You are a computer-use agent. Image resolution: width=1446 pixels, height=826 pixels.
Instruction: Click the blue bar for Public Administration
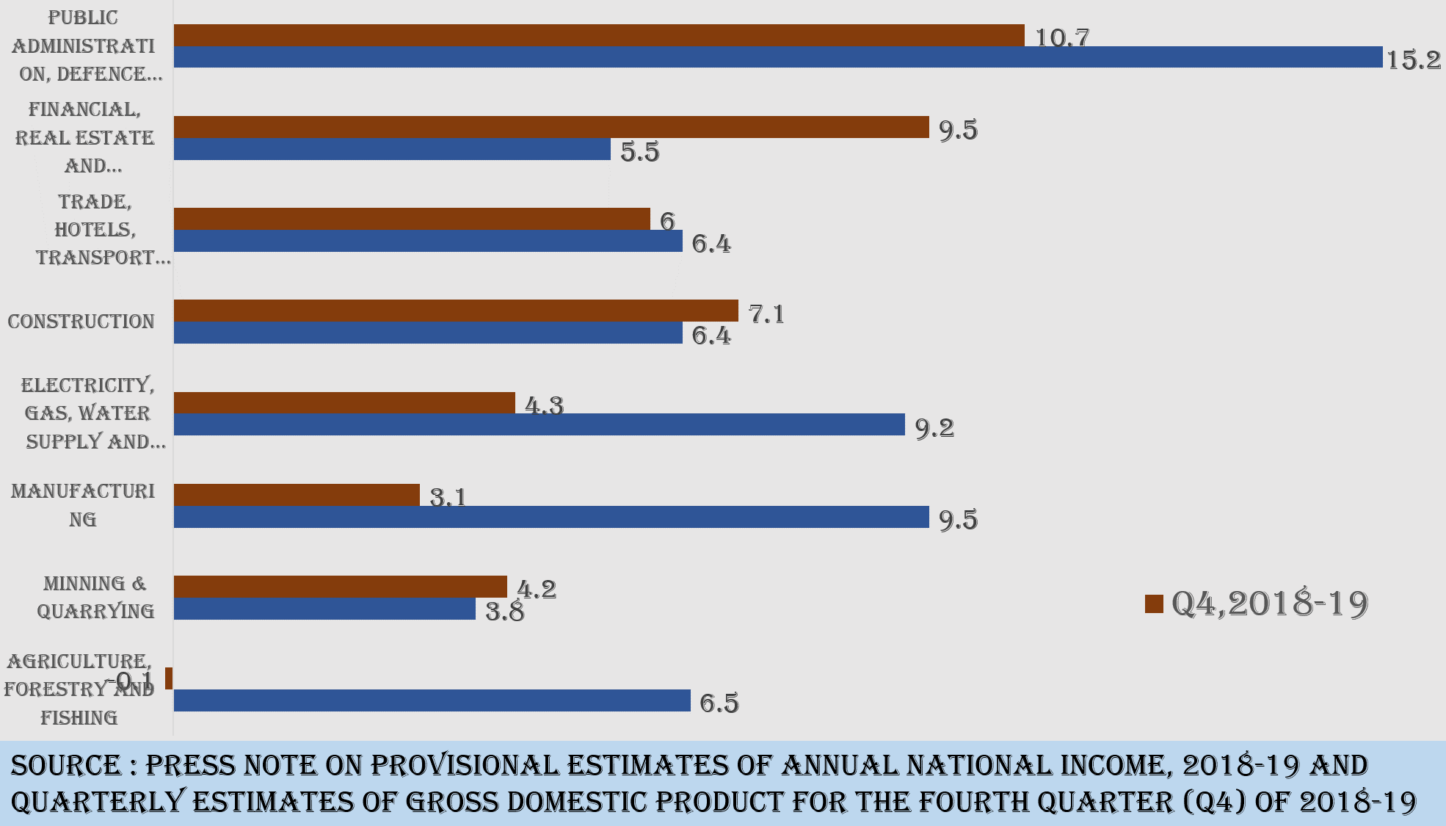tap(778, 57)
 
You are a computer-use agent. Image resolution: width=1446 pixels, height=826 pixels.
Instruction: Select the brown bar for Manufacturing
tap(297, 495)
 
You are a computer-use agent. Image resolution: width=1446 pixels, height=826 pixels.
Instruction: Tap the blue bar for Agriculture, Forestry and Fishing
tap(432, 700)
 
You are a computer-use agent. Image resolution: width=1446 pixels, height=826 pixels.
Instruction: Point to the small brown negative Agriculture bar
tap(169, 678)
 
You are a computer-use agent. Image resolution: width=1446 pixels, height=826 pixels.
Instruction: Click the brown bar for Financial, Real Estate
tap(551, 127)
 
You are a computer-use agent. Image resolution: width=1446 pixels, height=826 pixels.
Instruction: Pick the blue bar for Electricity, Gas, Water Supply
tap(539, 424)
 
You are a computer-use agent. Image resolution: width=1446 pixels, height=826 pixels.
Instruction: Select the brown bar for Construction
tap(455, 311)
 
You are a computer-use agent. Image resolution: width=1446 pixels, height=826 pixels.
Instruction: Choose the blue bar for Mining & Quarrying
tap(324, 609)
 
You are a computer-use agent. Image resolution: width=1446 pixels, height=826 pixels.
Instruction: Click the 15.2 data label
tap(1413, 60)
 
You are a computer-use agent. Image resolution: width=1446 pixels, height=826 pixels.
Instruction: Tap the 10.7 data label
tap(1061, 37)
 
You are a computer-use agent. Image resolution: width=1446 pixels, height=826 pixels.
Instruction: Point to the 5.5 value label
tap(639, 152)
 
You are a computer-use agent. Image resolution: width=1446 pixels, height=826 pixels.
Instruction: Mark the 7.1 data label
tap(766, 314)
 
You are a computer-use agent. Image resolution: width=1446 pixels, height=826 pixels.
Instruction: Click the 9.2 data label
tap(934, 427)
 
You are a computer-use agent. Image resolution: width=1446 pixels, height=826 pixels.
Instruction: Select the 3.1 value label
tap(448, 498)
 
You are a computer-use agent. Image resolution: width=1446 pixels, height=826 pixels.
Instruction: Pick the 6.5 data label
tap(719, 703)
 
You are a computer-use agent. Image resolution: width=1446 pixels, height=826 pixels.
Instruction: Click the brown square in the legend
tap(1154, 604)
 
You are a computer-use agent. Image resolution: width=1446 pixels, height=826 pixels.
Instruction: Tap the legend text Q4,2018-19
tap(1270, 604)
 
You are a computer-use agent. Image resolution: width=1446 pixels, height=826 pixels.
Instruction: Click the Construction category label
tap(81, 322)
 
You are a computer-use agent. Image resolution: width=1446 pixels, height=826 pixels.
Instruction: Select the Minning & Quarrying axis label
tap(95, 597)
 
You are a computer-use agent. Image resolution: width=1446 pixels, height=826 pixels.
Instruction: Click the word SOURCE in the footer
tap(65, 766)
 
